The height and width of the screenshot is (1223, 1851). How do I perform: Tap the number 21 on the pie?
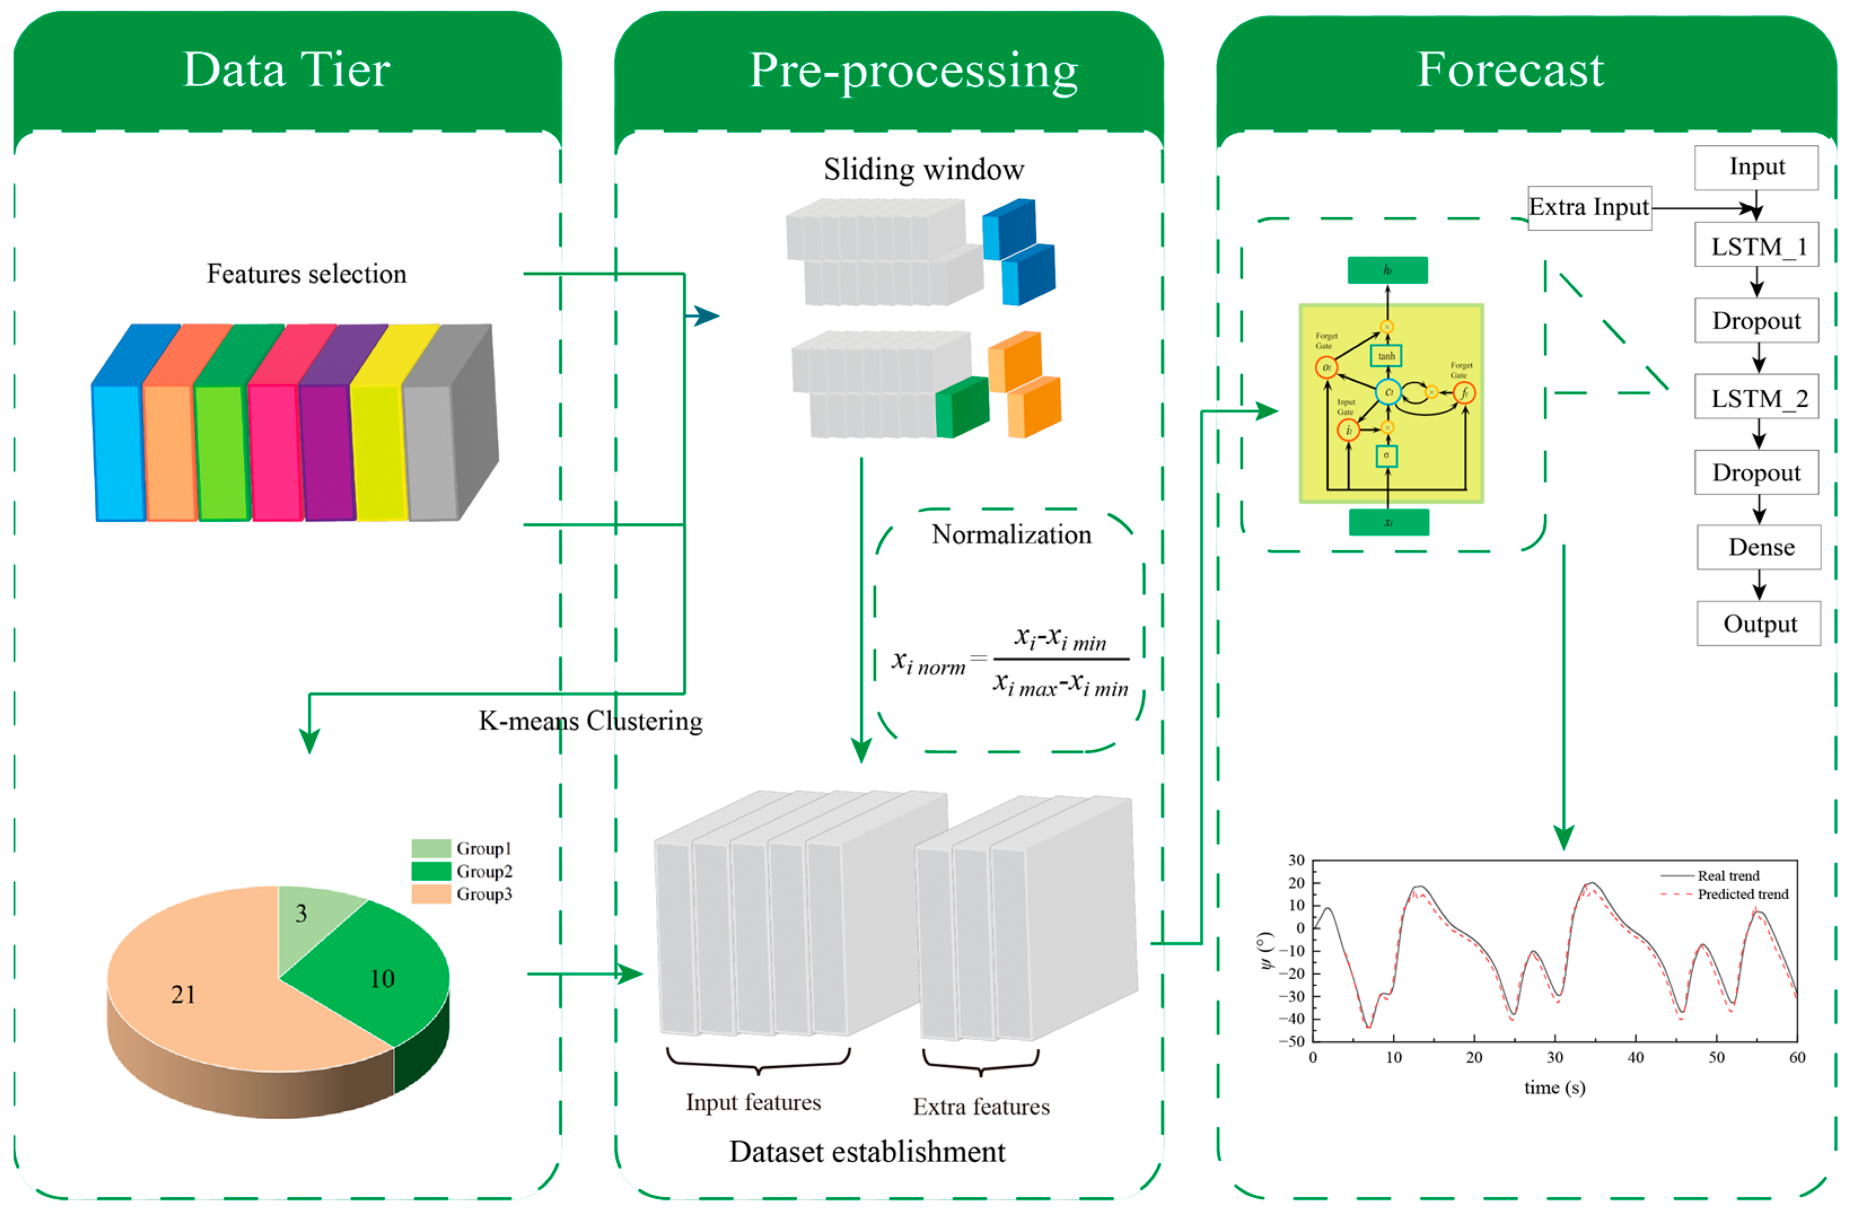tap(183, 994)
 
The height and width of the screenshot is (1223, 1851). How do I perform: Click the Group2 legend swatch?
tap(431, 870)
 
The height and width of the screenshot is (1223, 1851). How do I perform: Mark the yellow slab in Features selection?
tap(379, 452)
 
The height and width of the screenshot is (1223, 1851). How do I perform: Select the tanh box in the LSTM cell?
tap(1385, 357)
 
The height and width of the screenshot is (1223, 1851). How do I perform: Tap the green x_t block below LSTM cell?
tap(1388, 522)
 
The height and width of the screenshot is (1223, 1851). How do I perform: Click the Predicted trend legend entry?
tap(1741, 894)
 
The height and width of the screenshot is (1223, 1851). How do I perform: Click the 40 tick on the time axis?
tap(1635, 1058)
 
